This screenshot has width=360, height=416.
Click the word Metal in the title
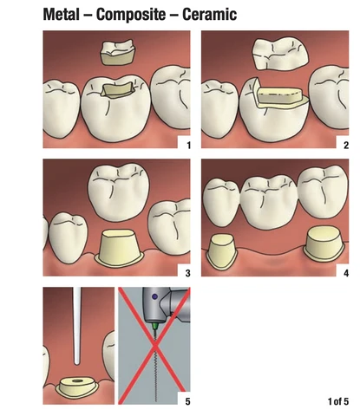coord(61,15)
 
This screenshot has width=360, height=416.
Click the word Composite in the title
coord(131,15)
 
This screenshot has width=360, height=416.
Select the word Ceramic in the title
coord(210,15)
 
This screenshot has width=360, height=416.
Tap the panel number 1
coord(188,145)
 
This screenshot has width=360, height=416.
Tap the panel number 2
coord(346,145)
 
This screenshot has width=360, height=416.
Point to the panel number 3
coord(188,273)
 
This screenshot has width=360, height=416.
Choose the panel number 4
coord(346,273)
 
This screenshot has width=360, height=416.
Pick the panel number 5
coord(188,401)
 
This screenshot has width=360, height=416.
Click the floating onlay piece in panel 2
coord(280,54)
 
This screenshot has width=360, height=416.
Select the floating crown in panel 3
coord(119,194)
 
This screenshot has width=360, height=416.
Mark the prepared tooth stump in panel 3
coord(119,246)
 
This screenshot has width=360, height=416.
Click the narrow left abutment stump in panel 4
coord(221,251)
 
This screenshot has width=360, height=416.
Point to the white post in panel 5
coord(76,326)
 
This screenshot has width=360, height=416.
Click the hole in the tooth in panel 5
coord(77,381)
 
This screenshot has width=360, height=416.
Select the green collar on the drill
coord(155,326)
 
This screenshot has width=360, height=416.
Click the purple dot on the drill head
coord(155,296)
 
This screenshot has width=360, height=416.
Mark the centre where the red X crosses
coord(155,345)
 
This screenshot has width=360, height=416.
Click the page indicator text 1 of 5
coord(338,401)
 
